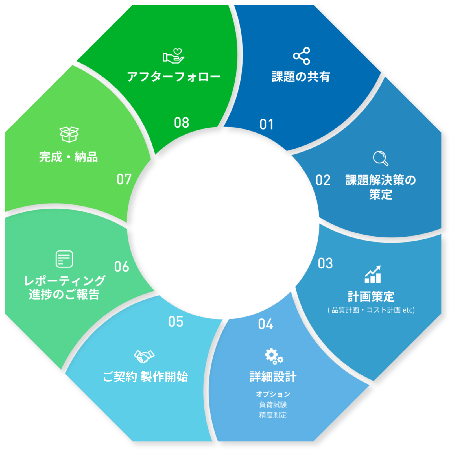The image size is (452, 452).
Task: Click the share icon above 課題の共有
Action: (302, 56)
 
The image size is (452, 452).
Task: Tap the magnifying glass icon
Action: (380, 158)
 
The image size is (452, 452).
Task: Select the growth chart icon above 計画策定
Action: (373, 274)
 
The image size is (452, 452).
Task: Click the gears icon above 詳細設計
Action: (273, 356)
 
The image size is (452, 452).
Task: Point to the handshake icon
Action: (144, 356)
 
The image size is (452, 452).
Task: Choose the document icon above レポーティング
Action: (64, 259)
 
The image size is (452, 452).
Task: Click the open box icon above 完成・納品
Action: (69, 134)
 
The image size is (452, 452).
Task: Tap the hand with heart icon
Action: (173, 56)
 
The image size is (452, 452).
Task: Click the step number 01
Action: (267, 125)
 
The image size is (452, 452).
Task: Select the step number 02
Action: (323, 180)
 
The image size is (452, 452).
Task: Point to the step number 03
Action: (325, 263)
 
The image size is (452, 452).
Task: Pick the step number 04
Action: (265, 324)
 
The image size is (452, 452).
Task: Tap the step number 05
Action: (176, 322)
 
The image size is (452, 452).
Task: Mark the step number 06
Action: (122, 267)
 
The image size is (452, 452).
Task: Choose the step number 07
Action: (124, 179)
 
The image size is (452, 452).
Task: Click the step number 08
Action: (182, 123)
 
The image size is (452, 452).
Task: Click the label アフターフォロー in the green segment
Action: (174, 77)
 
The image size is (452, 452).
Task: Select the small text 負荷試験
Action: (273, 405)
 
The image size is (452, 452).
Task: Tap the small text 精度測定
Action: (273, 415)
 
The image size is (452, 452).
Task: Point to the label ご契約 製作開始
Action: (145, 377)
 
